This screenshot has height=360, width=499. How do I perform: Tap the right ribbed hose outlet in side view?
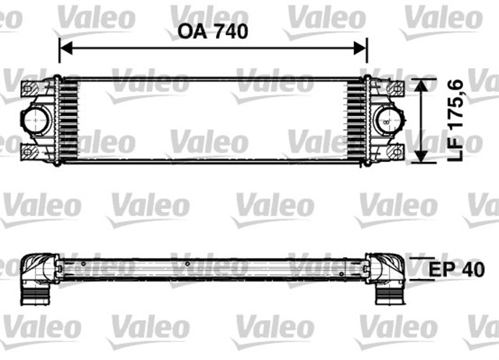389,296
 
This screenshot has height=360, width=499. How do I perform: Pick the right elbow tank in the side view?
385,269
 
